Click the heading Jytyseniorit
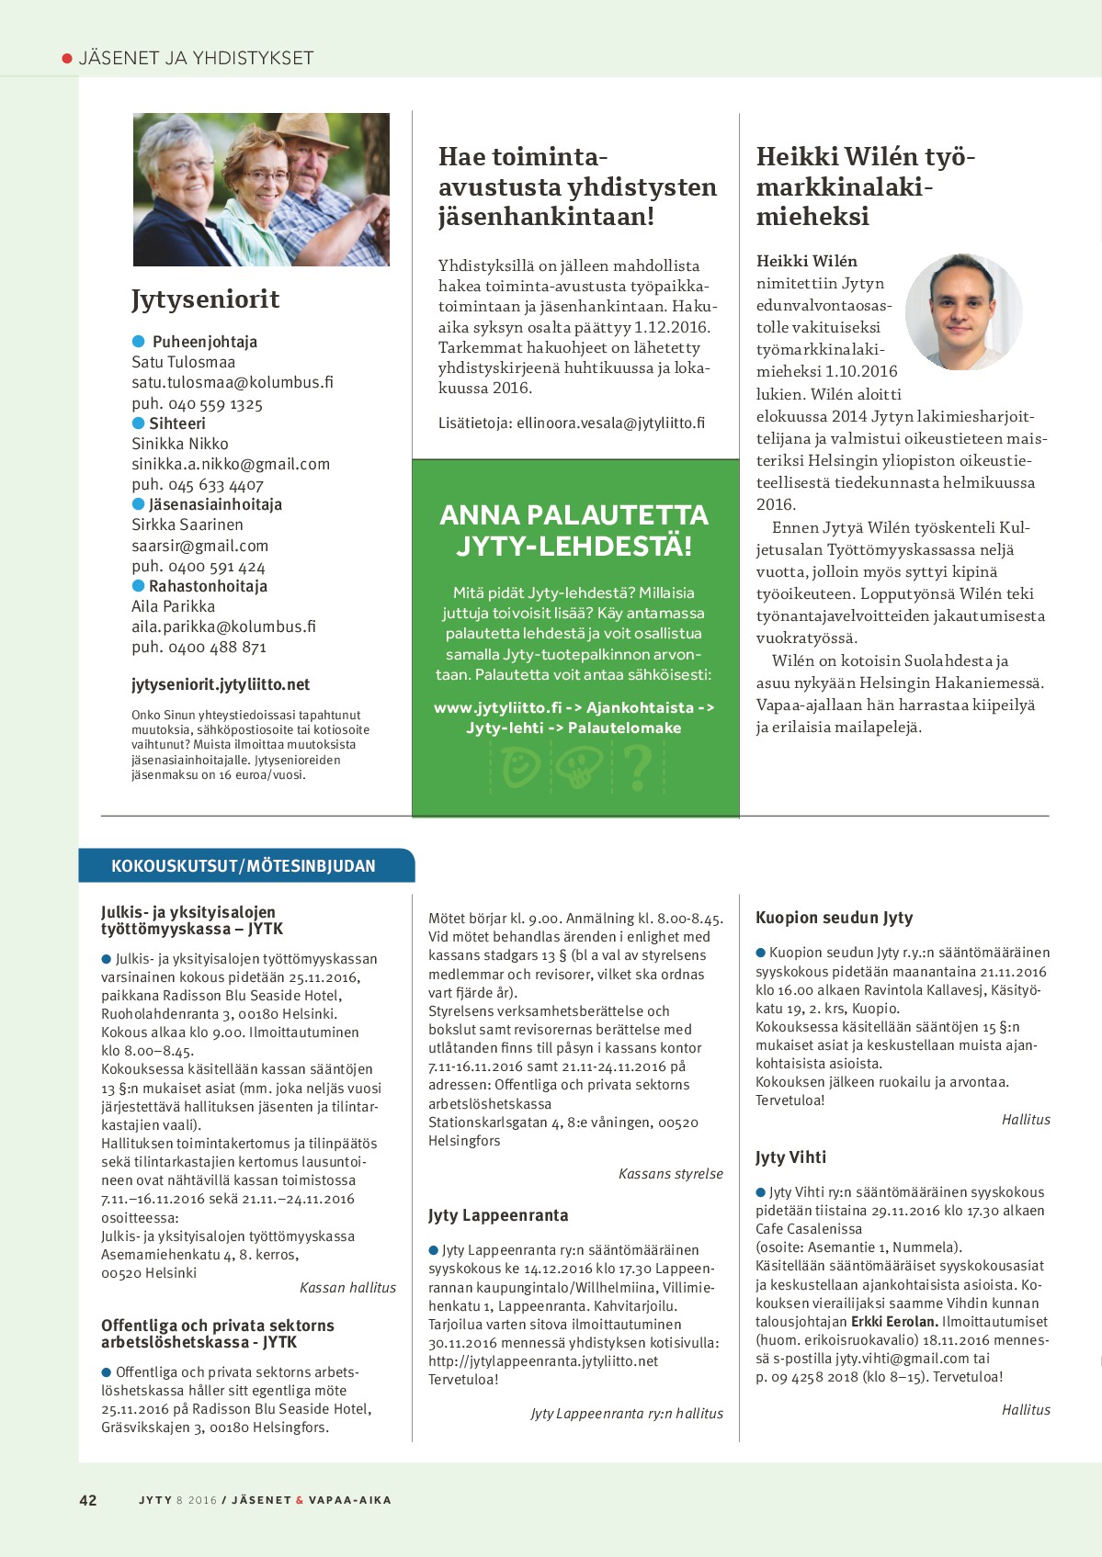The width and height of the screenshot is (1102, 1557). (205, 299)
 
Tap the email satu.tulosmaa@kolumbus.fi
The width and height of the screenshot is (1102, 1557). (232, 382)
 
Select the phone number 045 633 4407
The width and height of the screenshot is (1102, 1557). (215, 485)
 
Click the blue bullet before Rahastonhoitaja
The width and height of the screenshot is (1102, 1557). (139, 585)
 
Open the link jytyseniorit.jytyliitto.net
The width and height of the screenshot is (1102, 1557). (221, 684)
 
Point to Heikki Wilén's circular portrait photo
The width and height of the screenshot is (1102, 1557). (963, 312)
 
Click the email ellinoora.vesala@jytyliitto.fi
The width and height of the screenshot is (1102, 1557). (610, 423)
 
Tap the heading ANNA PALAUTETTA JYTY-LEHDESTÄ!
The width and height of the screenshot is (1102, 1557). (574, 530)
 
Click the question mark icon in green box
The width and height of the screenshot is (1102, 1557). (638, 767)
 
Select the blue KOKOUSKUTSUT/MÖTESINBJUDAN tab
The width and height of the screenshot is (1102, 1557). (244, 865)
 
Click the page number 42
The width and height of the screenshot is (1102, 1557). (88, 1500)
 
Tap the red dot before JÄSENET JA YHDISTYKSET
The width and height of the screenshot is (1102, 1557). (67, 59)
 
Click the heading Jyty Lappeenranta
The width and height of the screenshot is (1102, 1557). (498, 1215)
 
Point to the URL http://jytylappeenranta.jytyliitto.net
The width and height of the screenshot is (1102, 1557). (543, 1360)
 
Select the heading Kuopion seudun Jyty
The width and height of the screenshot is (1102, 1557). (834, 918)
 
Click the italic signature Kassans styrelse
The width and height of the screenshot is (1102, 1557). (671, 1174)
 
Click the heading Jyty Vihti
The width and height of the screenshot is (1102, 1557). (790, 1157)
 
